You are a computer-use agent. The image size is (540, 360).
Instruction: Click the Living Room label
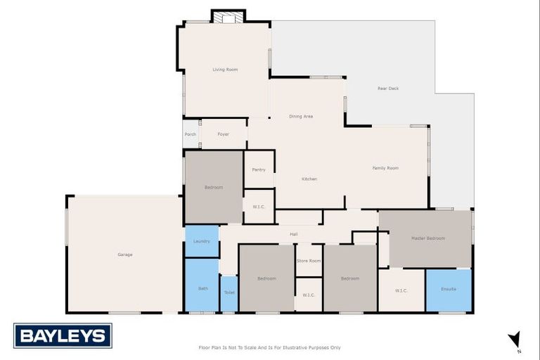(x=225, y=70)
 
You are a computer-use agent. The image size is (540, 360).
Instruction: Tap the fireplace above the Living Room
(x=229, y=18)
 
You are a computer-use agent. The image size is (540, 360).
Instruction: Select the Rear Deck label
(x=388, y=89)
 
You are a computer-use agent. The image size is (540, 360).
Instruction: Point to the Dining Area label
(x=301, y=116)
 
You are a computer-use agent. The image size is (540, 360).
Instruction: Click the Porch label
(x=190, y=134)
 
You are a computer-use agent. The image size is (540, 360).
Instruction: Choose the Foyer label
(x=223, y=134)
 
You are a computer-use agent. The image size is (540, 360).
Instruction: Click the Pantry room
(x=259, y=169)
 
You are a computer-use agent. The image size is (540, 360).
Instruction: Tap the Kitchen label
(x=309, y=179)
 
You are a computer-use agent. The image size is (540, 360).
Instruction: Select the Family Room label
(x=385, y=168)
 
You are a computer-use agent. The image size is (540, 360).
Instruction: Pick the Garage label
(x=125, y=255)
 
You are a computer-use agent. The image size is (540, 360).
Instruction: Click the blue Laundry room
(x=202, y=241)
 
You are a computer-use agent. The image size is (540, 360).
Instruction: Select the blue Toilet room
(x=229, y=292)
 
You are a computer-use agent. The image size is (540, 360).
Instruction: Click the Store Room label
(x=309, y=261)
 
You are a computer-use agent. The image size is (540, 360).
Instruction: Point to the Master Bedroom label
(x=427, y=238)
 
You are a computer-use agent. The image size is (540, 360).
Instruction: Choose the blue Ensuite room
(x=449, y=289)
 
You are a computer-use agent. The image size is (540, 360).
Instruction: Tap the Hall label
(x=295, y=234)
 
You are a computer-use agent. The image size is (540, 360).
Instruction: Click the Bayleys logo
(x=63, y=336)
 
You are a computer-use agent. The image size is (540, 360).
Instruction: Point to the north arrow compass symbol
(x=515, y=340)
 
